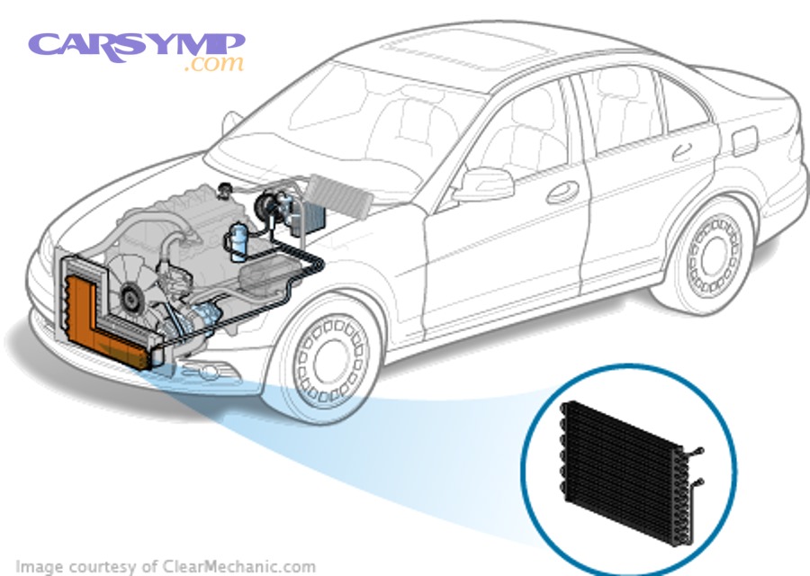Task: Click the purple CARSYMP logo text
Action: pyautogui.click(x=135, y=45)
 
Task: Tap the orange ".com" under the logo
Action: pyautogui.click(x=214, y=64)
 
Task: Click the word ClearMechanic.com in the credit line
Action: pyautogui.click(x=241, y=566)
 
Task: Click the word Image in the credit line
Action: pyautogui.click(x=40, y=566)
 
